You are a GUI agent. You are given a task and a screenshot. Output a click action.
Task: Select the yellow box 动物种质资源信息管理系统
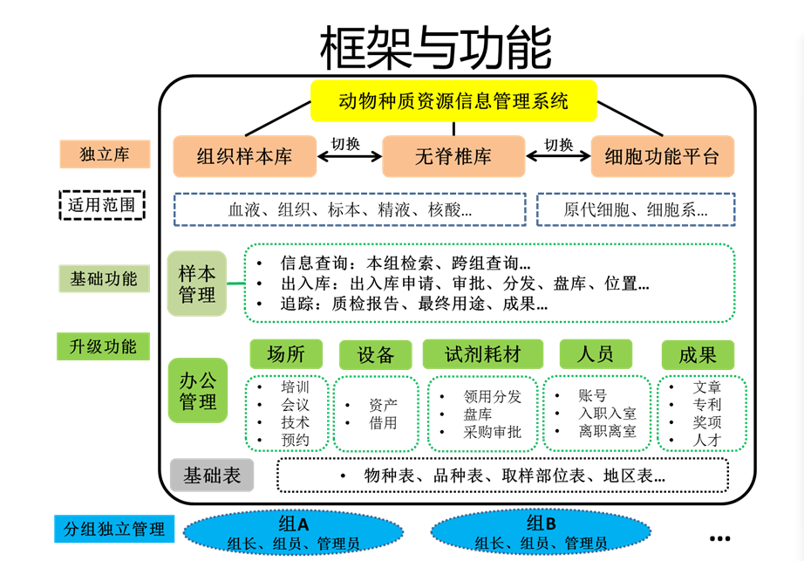[453, 100]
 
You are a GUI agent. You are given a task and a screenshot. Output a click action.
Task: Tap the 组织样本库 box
[244, 157]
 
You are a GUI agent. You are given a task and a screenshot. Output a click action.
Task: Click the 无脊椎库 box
[453, 157]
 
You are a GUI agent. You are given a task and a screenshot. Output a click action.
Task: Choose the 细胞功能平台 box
[663, 157]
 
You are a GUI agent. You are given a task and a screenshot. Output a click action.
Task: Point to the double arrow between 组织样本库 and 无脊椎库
[347, 158]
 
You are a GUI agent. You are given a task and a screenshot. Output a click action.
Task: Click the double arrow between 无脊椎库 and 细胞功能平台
[558, 158]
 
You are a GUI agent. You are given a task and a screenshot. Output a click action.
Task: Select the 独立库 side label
[104, 154]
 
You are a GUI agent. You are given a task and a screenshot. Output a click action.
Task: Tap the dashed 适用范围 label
[102, 205]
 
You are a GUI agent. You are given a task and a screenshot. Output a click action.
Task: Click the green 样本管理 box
[197, 283]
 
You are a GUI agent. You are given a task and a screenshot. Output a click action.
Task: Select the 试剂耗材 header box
[482, 353]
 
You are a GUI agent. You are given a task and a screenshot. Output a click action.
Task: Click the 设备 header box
[375, 354]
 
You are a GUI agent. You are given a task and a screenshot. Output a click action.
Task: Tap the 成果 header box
[697, 354]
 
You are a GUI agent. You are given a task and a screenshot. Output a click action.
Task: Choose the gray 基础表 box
[212, 476]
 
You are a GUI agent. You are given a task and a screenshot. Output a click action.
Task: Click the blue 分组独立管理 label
[114, 529]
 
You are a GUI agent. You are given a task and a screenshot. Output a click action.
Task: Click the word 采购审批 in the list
[492, 431]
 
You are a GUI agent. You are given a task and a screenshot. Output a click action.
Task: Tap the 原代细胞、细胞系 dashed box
[635, 209]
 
